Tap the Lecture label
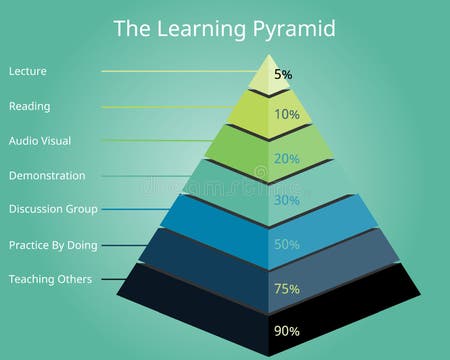(x=28, y=71)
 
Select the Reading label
(x=29, y=106)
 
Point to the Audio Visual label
(x=41, y=140)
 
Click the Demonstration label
(x=47, y=175)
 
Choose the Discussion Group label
(x=53, y=209)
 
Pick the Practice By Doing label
(x=52, y=244)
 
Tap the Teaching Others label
(x=50, y=279)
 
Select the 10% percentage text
(x=287, y=114)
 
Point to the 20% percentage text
(x=287, y=158)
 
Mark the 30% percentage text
(x=287, y=200)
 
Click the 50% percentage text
(x=287, y=244)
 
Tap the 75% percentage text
(x=287, y=289)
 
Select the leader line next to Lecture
(x=175, y=71)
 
